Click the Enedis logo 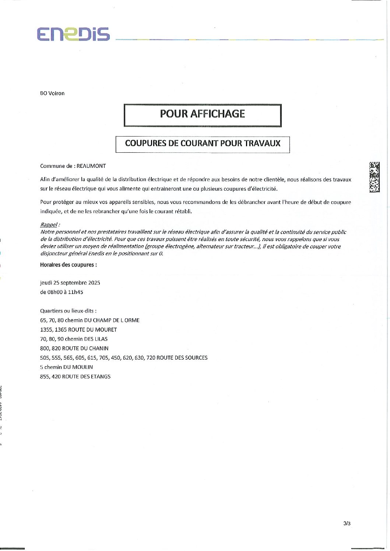tap(73, 34)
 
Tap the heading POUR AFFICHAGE tap(203, 114)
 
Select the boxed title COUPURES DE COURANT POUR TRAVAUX tap(203, 144)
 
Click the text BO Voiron tap(52, 93)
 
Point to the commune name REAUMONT tap(91, 166)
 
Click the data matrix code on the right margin tap(374, 177)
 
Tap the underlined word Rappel tap(49, 225)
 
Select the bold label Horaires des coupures tap(68, 265)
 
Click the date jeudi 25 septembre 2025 tap(70, 283)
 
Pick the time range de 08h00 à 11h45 tap(62, 292)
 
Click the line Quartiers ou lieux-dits tap(68, 311)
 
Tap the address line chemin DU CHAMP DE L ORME tap(90, 321)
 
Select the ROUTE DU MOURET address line tap(78, 330)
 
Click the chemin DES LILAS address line tap(74, 339)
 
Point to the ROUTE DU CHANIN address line tap(74, 349)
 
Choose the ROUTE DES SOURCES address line tap(124, 358)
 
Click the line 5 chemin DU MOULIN tap(66, 367)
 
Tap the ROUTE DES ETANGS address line tap(75, 377)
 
